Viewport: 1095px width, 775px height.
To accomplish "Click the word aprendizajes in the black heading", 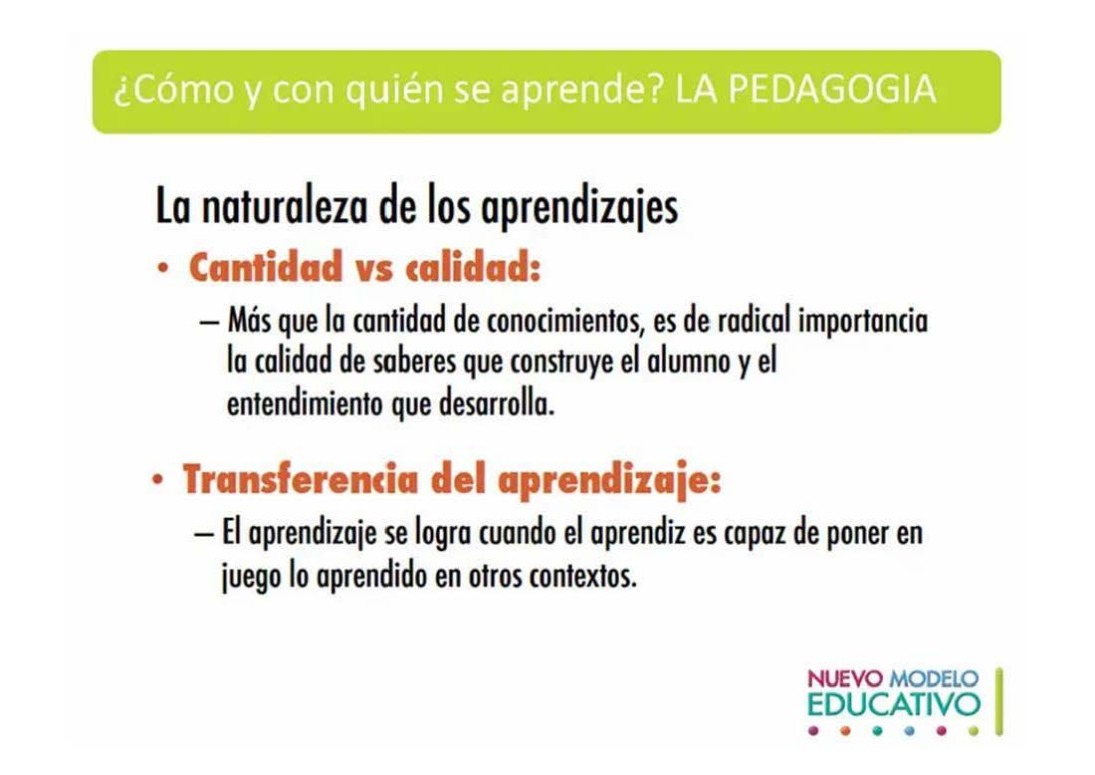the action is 579,208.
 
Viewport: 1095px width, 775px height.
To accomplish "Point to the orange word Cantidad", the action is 267,267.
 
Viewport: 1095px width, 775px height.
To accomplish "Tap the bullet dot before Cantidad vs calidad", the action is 162,268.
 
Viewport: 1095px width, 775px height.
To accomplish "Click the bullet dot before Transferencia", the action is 158,481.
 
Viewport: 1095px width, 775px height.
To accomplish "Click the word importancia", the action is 863,322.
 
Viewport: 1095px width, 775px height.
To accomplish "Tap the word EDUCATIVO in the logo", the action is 894,703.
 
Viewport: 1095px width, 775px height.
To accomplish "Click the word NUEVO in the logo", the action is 845,677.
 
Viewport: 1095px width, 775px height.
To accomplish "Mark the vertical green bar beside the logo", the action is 999,701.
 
